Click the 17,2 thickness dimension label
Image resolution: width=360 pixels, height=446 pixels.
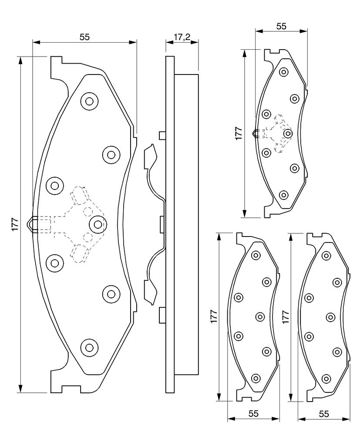tap(182, 37)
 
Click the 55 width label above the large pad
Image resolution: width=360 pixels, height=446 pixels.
tap(84, 37)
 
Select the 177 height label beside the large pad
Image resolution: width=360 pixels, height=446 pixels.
tap(15, 224)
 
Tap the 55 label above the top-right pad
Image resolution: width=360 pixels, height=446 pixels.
tap(281, 26)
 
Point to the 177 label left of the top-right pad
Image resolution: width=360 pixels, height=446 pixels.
tap(239, 133)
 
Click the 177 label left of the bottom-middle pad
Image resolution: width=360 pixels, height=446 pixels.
tap(214, 316)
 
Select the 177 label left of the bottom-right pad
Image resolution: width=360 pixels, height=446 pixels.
tap(286, 317)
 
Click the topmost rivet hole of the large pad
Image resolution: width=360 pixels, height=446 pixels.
tap(89, 101)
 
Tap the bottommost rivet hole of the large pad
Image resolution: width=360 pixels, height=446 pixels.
tap(89, 347)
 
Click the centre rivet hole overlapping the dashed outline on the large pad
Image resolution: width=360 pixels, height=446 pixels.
tap(98, 224)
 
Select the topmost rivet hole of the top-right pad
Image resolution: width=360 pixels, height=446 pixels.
tap(283, 72)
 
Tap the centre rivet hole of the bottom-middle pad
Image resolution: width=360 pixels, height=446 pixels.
tap(260, 317)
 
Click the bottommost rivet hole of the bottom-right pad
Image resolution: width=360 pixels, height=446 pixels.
tap(326, 378)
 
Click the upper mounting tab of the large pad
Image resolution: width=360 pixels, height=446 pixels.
tap(56, 68)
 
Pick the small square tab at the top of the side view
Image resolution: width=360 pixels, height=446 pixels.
tap(162, 136)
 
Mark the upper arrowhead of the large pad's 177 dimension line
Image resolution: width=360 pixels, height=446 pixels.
tap(20, 60)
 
